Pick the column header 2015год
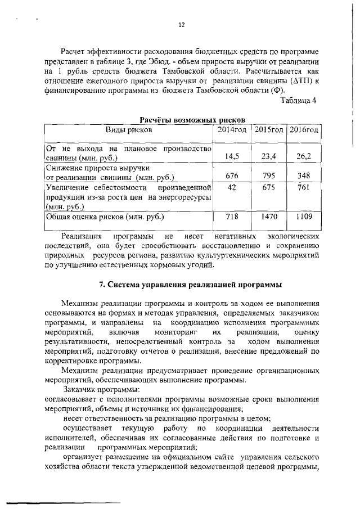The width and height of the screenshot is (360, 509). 268,130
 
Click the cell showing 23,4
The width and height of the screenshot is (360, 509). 268,156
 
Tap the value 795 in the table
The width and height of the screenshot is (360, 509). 268,176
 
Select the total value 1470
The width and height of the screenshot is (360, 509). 268,216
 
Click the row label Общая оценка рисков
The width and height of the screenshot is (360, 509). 105,217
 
